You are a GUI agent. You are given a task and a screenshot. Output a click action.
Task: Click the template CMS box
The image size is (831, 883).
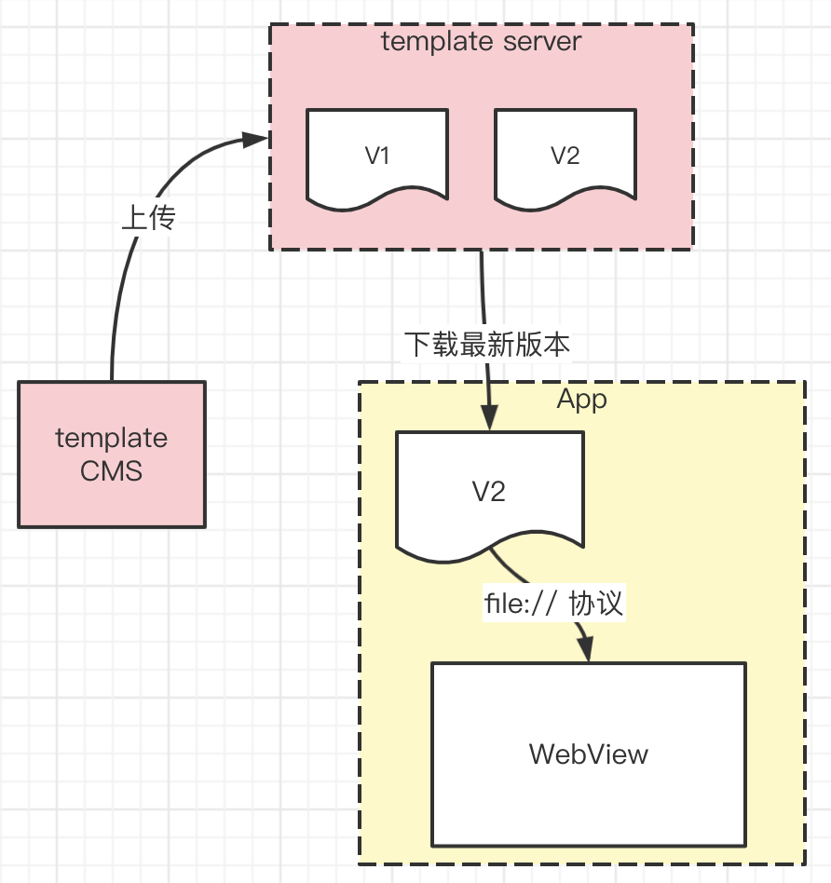(x=112, y=454)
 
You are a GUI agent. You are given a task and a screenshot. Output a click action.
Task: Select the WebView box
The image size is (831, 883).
(x=588, y=754)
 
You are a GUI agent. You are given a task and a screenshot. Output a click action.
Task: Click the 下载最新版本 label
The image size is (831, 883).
(x=486, y=345)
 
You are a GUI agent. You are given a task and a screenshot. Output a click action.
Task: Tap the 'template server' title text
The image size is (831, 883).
(x=482, y=42)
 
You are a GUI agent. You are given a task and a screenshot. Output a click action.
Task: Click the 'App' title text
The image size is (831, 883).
(x=582, y=400)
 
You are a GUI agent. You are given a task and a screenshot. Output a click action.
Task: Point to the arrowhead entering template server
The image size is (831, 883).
(x=256, y=140)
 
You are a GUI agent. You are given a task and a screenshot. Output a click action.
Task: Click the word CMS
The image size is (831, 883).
(x=112, y=470)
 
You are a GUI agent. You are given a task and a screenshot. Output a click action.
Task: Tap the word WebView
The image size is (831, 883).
(x=588, y=754)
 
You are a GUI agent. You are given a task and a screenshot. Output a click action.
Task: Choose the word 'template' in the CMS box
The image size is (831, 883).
(x=112, y=438)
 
